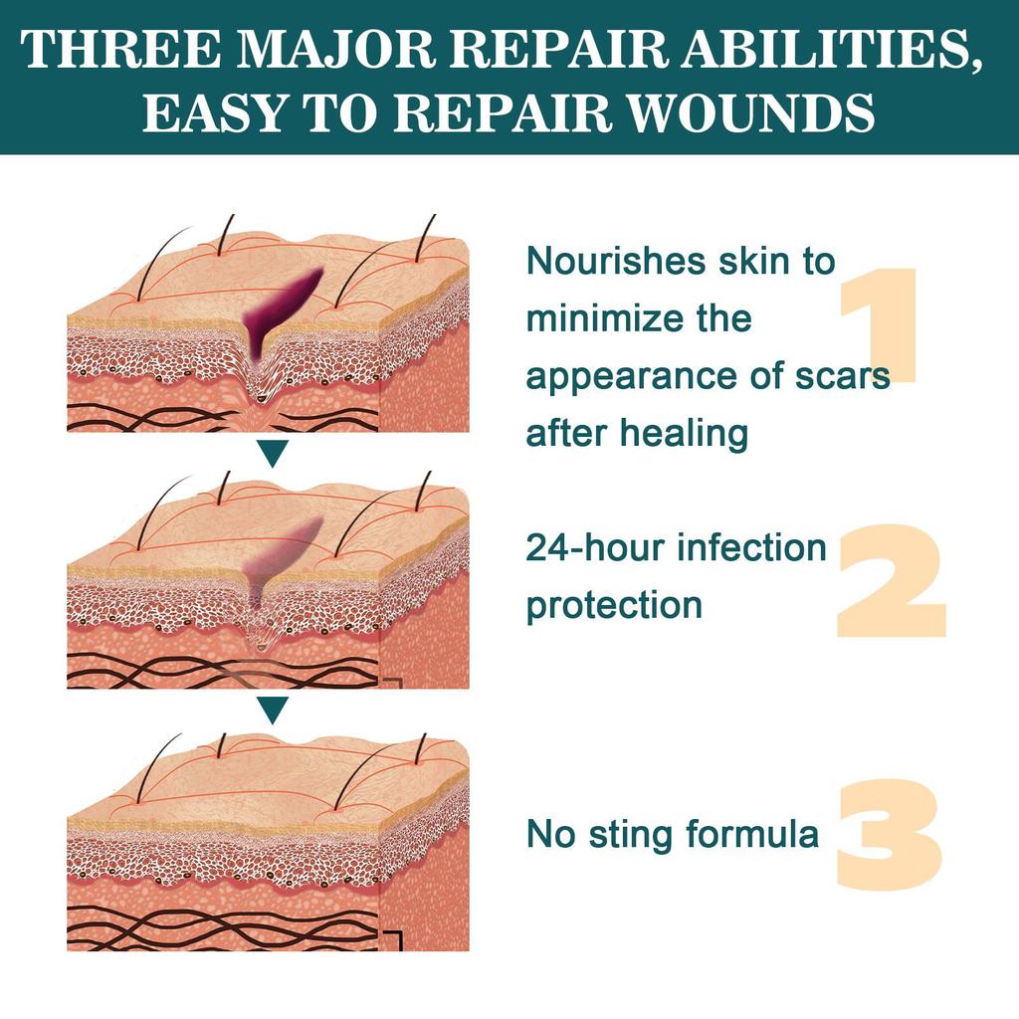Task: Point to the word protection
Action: pos(614,605)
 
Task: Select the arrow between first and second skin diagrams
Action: pos(273,456)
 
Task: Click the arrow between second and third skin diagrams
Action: pos(273,709)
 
